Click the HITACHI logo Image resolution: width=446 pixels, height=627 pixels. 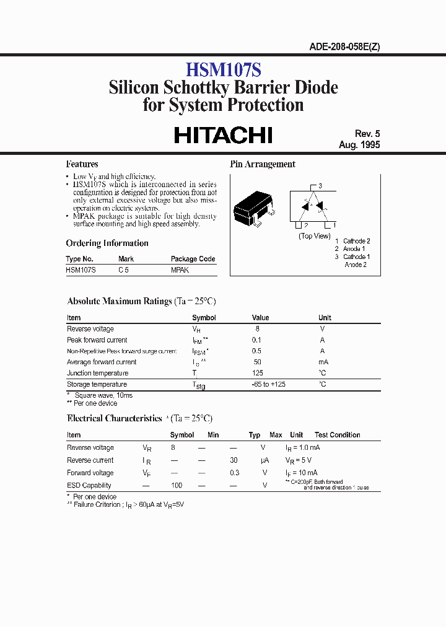[x=223, y=135]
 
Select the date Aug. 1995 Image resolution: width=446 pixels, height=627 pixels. [x=359, y=145]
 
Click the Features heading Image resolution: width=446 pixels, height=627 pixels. [x=82, y=164]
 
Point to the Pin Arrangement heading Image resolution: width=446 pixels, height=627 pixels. [x=263, y=164]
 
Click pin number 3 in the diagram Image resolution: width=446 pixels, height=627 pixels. [x=320, y=186]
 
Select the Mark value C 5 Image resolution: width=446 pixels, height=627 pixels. [x=124, y=270]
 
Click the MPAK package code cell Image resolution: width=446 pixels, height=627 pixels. [x=180, y=270]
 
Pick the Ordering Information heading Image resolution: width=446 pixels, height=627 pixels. [x=107, y=243]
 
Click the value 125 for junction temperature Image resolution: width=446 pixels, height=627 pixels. [x=258, y=373]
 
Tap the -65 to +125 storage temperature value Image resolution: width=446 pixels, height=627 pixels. [x=268, y=384]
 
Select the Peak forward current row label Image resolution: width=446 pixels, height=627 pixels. [x=97, y=340]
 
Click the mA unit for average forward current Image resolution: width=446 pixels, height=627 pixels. [x=323, y=362]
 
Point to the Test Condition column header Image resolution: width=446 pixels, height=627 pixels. [x=337, y=435]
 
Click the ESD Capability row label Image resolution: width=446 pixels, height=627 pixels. [x=89, y=486]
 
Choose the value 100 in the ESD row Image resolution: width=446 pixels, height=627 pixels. [x=177, y=486]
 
